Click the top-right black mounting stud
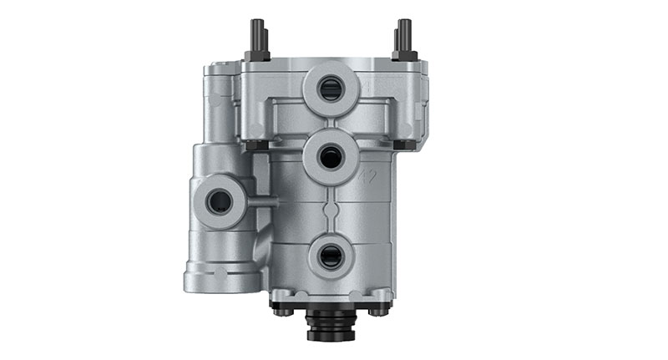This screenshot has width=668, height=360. [x=405, y=34]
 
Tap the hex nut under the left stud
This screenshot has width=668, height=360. [x=256, y=56]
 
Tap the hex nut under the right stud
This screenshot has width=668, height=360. [x=405, y=55]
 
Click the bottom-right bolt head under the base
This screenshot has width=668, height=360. [x=380, y=308]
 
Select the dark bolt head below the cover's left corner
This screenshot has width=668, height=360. [x=254, y=145]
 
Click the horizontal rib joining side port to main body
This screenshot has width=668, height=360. [x=262, y=201]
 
